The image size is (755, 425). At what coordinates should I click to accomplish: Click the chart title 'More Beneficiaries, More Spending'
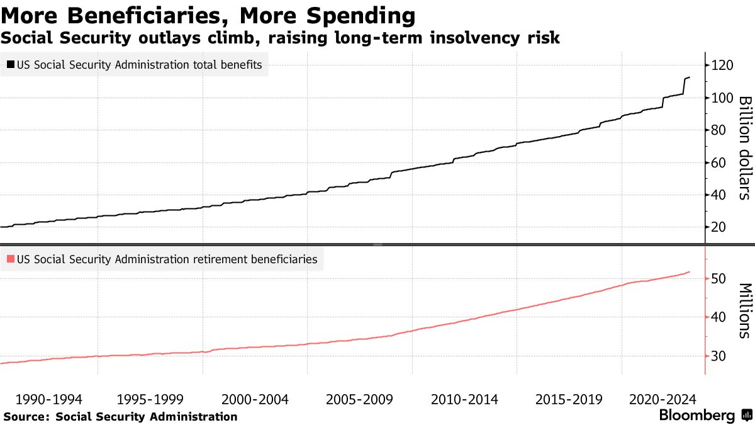click(208, 15)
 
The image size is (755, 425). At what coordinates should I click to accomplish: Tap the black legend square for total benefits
click(11, 64)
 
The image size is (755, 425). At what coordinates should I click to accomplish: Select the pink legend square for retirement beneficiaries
click(11, 259)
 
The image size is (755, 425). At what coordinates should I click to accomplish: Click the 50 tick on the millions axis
click(719, 279)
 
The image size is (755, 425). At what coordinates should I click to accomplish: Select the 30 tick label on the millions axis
click(719, 356)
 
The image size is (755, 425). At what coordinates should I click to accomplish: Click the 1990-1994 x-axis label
click(48, 399)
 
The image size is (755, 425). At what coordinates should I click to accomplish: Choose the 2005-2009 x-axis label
click(359, 399)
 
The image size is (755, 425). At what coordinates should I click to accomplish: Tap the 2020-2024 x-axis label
click(662, 399)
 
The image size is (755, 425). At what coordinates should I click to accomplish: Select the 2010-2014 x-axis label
click(464, 399)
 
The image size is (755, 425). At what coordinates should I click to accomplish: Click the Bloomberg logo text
click(696, 416)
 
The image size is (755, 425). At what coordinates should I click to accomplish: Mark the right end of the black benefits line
click(690, 77)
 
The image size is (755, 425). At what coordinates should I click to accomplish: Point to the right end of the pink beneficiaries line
click(690, 272)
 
